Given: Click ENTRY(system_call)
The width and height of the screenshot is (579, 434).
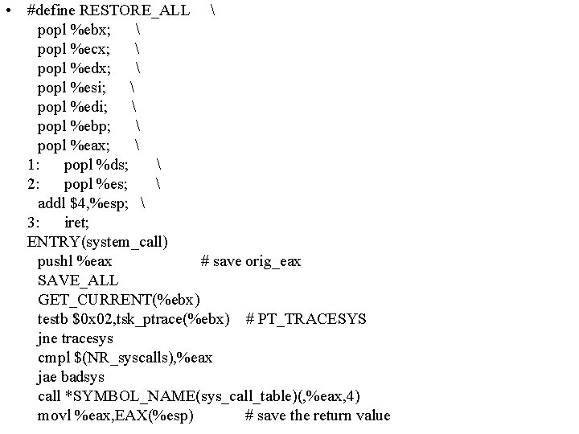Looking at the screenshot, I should (97, 241).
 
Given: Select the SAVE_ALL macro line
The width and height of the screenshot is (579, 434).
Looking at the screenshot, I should (77, 280).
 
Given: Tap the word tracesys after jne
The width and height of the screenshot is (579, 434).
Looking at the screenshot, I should (87, 338).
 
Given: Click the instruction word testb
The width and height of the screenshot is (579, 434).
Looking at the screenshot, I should (54, 318).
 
